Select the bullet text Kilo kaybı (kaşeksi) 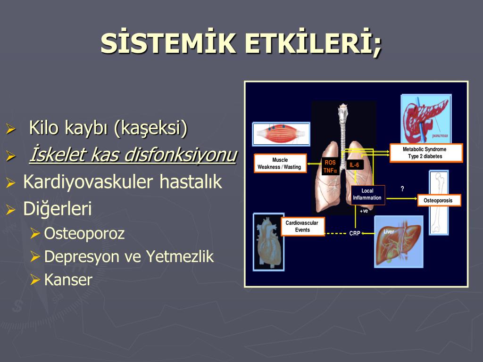pyautogui.click(x=108, y=128)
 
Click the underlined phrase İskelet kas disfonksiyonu pyautogui.click(x=133, y=155)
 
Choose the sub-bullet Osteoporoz pyautogui.click(x=84, y=233)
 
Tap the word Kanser pyautogui.click(x=68, y=280)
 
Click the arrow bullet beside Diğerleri pyautogui.click(x=10, y=210)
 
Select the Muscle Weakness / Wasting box pyautogui.click(x=280, y=164)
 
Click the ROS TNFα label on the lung pyautogui.click(x=330, y=166)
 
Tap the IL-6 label pyautogui.click(x=354, y=165)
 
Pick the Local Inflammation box pyautogui.click(x=367, y=195)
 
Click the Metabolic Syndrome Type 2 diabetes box pyautogui.click(x=426, y=153)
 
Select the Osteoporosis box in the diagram pyautogui.click(x=439, y=200)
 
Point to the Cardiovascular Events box pyautogui.click(x=302, y=226)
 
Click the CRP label pyautogui.click(x=355, y=233)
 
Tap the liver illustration pyautogui.click(x=399, y=242)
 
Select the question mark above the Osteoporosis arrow pyautogui.click(x=402, y=189)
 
